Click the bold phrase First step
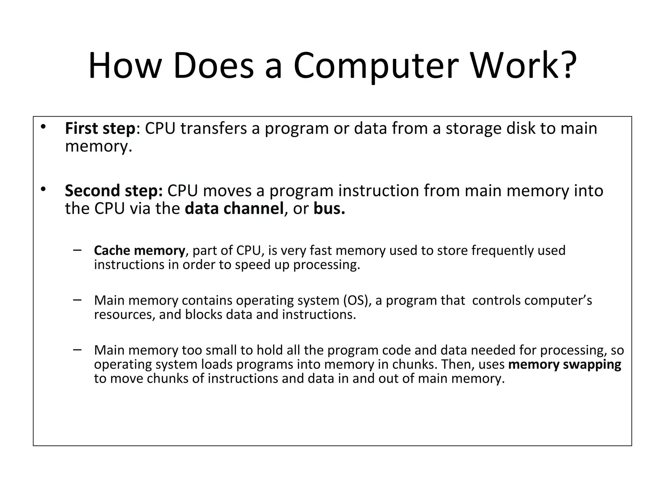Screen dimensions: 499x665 (x=100, y=128)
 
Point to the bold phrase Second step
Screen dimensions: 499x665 (x=114, y=191)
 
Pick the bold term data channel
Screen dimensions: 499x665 (x=234, y=209)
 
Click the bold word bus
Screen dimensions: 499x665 (x=329, y=209)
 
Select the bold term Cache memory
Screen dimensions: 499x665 (x=139, y=250)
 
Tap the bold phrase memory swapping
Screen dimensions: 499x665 (x=564, y=365)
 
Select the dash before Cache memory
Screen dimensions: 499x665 (x=77, y=250)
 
